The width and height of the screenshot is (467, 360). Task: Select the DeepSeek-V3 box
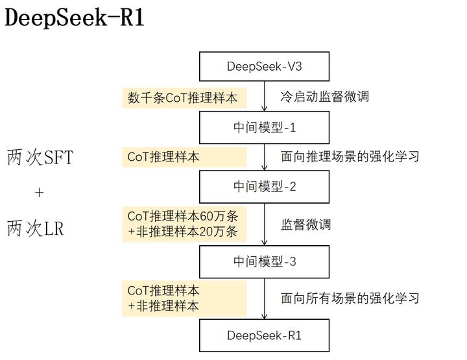[x=264, y=66]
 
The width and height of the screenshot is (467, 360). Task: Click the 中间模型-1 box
[x=264, y=127]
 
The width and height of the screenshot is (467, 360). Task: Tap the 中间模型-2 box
[x=264, y=187]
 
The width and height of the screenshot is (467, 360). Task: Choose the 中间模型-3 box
[x=264, y=261]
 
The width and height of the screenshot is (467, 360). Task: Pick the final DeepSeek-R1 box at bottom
[x=264, y=335]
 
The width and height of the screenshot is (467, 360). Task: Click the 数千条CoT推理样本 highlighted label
[x=183, y=98]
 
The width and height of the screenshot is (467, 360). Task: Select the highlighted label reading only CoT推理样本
[x=163, y=157]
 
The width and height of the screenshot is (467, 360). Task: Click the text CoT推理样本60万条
[x=183, y=216]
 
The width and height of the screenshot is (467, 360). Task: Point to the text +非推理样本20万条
[x=183, y=232]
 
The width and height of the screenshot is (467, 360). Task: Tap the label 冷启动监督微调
[x=324, y=97]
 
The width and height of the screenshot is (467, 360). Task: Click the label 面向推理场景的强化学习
[x=350, y=156]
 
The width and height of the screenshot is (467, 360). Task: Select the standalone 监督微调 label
[x=305, y=224]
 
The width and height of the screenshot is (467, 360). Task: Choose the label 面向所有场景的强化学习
[x=350, y=298]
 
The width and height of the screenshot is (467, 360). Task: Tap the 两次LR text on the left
[x=36, y=228]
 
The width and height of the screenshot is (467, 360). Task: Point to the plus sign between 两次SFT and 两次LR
[x=39, y=193]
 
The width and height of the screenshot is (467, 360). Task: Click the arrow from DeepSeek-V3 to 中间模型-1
[x=264, y=96]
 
